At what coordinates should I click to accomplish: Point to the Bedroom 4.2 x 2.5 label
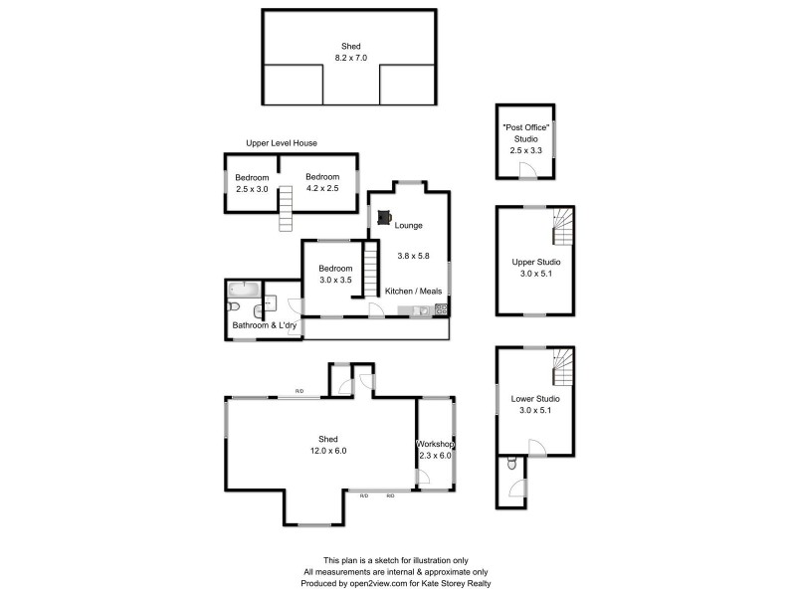pos(321,183)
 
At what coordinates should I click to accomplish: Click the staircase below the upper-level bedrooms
pos(288,211)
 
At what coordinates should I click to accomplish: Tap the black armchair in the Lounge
pos(384,215)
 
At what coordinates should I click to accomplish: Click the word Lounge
pos(409,226)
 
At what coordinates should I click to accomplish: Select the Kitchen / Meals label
pos(414,291)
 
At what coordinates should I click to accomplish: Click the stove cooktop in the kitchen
pos(441,309)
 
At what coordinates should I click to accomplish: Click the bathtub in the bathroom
pos(244,290)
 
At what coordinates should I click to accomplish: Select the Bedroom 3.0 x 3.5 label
pos(335,275)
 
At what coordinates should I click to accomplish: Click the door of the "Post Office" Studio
pos(533,171)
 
